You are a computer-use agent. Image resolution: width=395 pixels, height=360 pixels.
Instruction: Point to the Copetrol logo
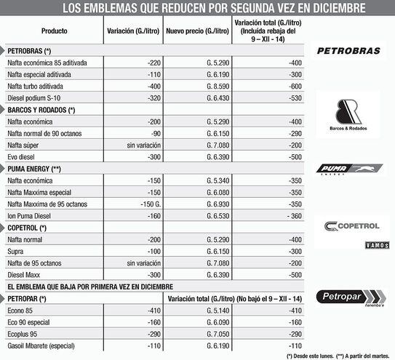click(x=353, y=226)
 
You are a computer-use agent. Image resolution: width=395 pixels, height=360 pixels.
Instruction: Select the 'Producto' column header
click(x=55, y=33)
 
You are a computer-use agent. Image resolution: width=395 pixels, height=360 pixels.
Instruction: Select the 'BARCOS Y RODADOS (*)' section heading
click(x=41, y=109)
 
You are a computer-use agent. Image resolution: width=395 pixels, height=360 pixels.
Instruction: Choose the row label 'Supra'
click(x=15, y=251)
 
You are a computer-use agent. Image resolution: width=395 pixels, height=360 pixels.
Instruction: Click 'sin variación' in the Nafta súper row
click(x=137, y=145)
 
